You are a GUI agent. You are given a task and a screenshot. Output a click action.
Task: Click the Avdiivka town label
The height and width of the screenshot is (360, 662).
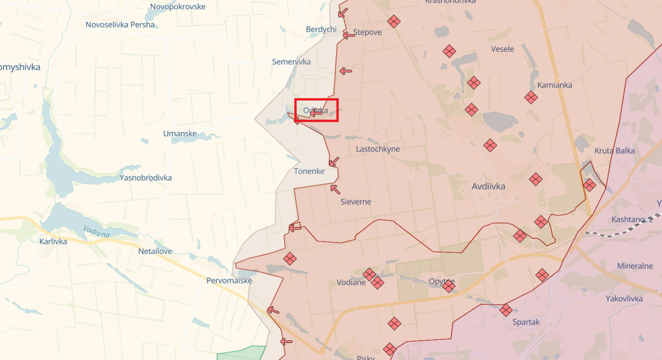pyautogui.click(x=488, y=187)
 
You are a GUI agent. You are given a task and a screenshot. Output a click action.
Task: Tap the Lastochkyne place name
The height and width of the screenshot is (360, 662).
pyautogui.click(x=377, y=149)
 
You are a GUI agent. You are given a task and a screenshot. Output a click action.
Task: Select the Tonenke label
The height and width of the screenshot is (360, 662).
pyautogui.click(x=309, y=172)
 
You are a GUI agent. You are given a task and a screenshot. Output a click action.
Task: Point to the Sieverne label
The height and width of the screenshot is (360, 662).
pyautogui.click(x=356, y=202)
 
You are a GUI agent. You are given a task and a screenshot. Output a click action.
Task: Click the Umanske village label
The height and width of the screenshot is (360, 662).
pyautogui.click(x=180, y=134)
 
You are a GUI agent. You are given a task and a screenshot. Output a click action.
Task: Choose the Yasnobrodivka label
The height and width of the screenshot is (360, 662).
pyautogui.click(x=145, y=178)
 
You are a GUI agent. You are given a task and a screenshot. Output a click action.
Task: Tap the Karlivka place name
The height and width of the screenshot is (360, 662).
pyautogui.click(x=53, y=242)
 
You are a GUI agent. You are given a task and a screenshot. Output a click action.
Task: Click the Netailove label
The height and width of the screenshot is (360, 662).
pyautogui.click(x=155, y=252)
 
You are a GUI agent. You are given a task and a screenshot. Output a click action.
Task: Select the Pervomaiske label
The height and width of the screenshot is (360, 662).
pyautogui.click(x=229, y=281)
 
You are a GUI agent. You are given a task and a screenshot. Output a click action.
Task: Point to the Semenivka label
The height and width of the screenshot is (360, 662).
pyautogui.click(x=291, y=62)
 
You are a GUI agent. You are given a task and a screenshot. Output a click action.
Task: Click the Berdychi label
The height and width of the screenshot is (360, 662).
pyautogui.click(x=321, y=29)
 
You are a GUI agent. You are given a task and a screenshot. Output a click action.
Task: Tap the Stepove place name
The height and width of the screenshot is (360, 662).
pyautogui.click(x=367, y=32)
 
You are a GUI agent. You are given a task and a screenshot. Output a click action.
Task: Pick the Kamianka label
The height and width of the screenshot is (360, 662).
pyautogui.click(x=555, y=85)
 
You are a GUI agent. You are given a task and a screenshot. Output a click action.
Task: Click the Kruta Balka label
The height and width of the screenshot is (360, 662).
pyautogui.click(x=614, y=151)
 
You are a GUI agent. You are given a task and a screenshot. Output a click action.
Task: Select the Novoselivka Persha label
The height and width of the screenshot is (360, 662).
pyautogui.click(x=120, y=25)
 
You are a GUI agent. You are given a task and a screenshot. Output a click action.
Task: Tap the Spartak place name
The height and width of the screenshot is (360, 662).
pyautogui.click(x=526, y=322)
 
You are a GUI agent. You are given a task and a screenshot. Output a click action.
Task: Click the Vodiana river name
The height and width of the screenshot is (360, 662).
pyautogui.click(x=96, y=231)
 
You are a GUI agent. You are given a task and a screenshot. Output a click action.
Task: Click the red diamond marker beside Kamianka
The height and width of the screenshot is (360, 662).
pyautogui.click(x=531, y=98)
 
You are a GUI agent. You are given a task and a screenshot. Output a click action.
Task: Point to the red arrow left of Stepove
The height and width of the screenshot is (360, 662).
pyautogui.click(x=349, y=35)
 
